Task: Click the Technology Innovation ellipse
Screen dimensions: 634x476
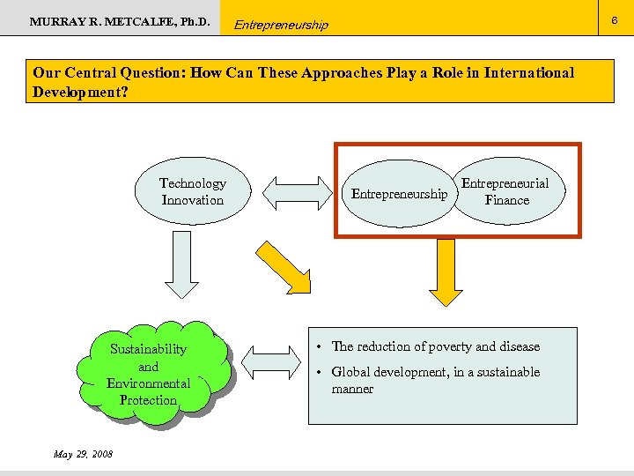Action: [x=192, y=191]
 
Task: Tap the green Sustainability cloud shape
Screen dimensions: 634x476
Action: [x=149, y=374]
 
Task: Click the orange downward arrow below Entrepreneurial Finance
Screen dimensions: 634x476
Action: [x=445, y=273]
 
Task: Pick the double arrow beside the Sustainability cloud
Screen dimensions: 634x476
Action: [x=270, y=362]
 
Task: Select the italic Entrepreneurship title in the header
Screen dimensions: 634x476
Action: [x=281, y=25]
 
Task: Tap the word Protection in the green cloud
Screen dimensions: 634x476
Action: [x=148, y=400]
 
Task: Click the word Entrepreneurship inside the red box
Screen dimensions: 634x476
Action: [x=399, y=194]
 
